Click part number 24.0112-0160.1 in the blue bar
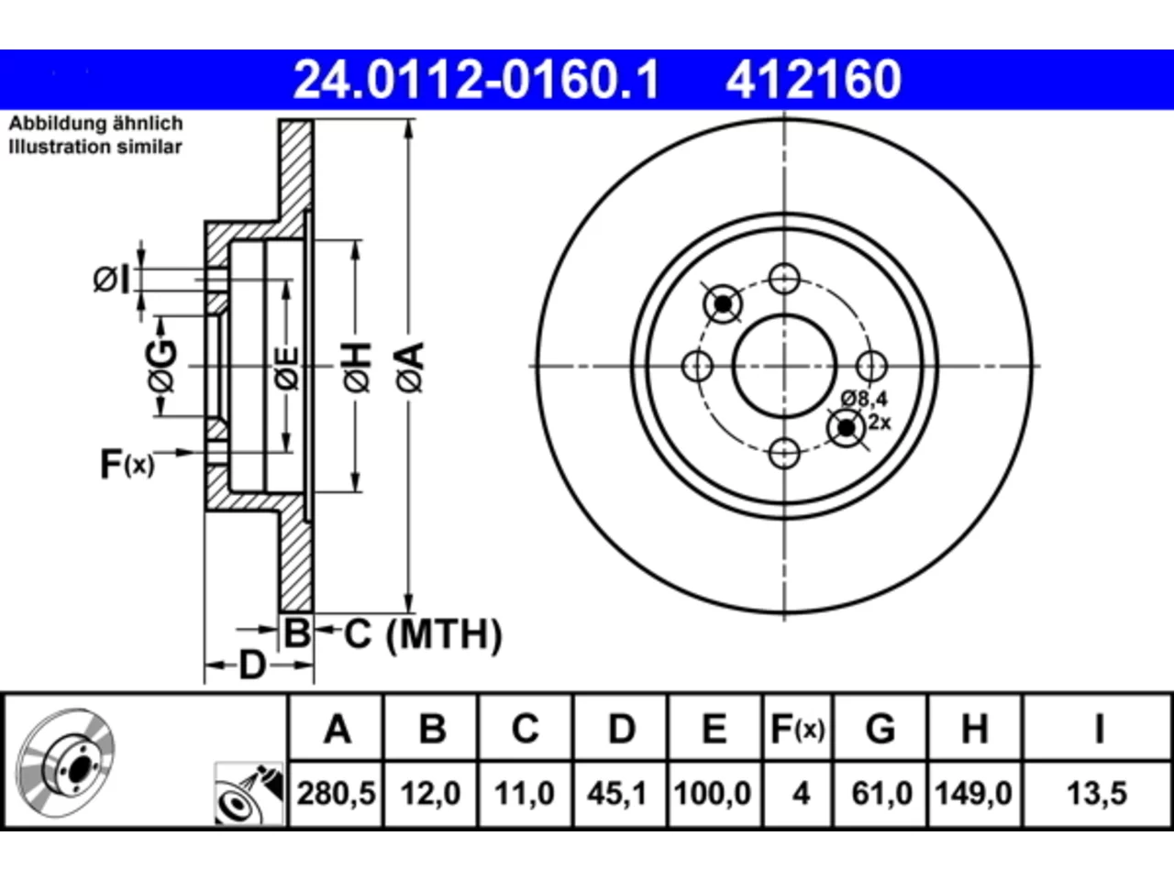(476, 80)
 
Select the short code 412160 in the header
(814, 80)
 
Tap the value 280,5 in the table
(336, 794)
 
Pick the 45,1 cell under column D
(619, 794)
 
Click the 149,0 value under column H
(973, 794)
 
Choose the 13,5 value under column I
(1097, 794)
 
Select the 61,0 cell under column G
(881, 794)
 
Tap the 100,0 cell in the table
(713, 794)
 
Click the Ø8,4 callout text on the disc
(864, 399)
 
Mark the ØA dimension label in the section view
(411, 367)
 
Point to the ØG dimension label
(162, 366)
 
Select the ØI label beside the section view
(111, 280)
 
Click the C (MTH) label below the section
(423, 634)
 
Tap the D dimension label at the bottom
(252, 665)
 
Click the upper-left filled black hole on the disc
(723, 304)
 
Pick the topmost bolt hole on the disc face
(784, 279)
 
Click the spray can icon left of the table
(249, 794)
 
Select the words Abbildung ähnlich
(95, 124)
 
